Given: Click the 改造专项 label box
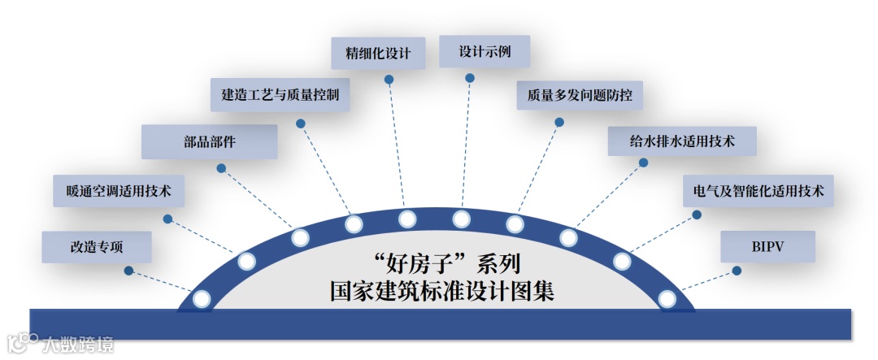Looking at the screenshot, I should click(x=97, y=245).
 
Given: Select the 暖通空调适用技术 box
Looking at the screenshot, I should click(x=119, y=192).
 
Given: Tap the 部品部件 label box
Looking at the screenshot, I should click(x=210, y=141).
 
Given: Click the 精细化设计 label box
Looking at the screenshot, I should click(x=378, y=54).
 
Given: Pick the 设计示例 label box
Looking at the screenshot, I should click(x=484, y=51).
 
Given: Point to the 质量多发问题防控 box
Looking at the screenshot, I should click(x=580, y=94).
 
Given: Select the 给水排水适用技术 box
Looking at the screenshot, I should click(x=682, y=141).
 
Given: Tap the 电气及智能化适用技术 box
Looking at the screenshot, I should click(x=758, y=192).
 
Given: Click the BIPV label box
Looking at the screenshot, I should click(x=767, y=245).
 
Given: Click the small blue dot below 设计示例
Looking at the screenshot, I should click(x=470, y=78).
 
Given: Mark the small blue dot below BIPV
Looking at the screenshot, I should click(x=737, y=270).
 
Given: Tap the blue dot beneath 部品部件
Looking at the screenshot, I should click(x=220, y=167).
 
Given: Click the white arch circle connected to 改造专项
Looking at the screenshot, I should click(x=202, y=299).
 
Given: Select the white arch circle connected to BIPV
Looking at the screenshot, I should click(x=667, y=299).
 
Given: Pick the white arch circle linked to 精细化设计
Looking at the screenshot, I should click(x=407, y=219).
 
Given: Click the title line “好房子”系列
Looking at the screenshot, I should click(x=439, y=263).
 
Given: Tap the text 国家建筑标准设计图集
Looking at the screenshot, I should click(x=439, y=290).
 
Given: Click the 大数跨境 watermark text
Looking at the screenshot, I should click(x=79, y=344).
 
